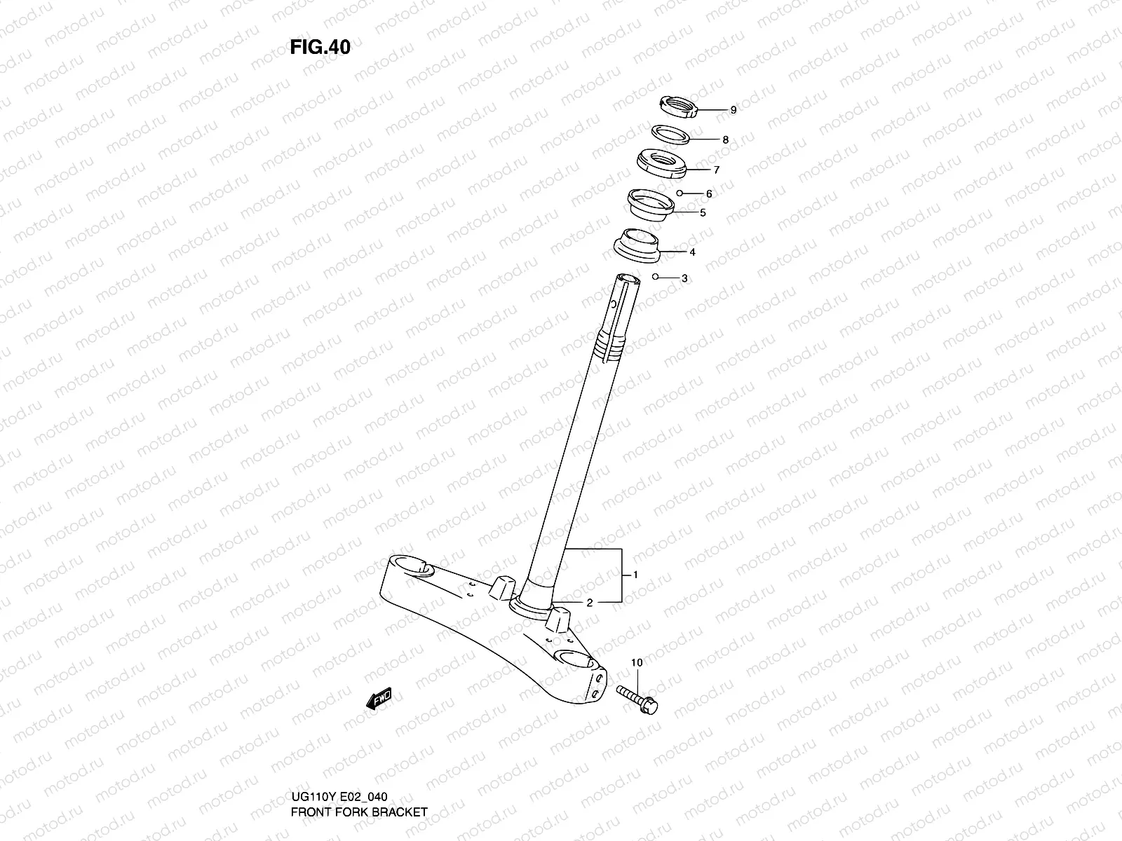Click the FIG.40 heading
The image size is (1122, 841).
pyautogui.click(x=320, y=47)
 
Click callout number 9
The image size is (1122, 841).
pyautogui.click(x=733, y=110)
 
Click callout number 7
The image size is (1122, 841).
pyautogui.click(x=716, y=170)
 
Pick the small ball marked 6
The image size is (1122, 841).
pyautogui.click(x=680, y=193)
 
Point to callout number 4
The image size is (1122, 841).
pyautogui.click(x=692, y=252)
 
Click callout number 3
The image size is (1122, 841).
pyautogui.click(x=684, y=278)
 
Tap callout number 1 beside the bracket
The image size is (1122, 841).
pyautogui.click(x=635, y=575)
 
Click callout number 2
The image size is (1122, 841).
pyautogui.click(x=590, y=602)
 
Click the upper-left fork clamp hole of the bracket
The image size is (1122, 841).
pyautogui.click(x=411, y=565)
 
